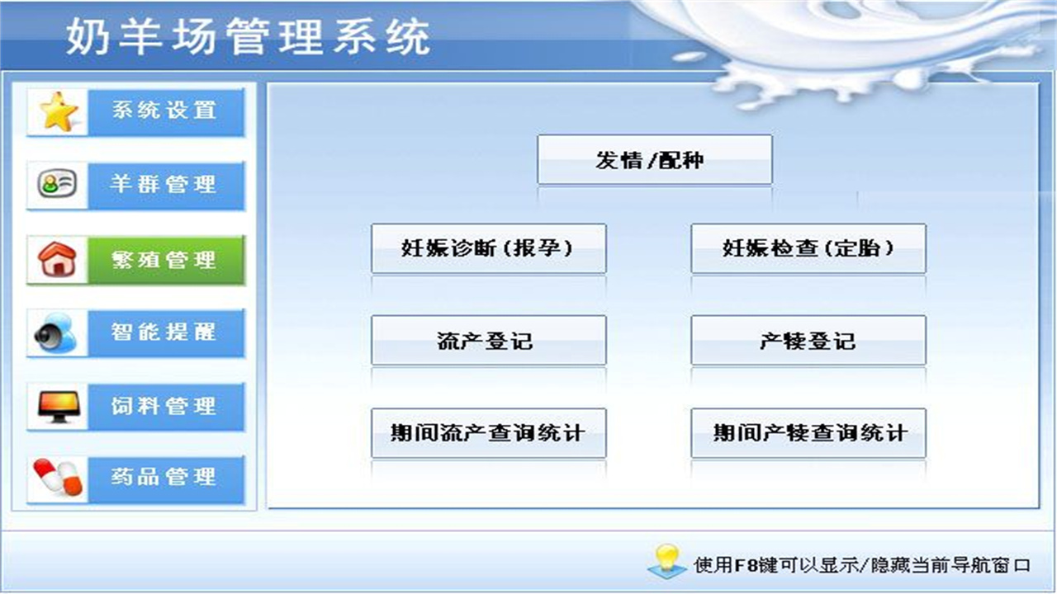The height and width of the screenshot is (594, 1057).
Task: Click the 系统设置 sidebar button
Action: pyautogui.click(x=165, y=111)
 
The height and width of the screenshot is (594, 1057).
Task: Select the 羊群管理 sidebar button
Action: pyautogui.click(x=165, y=185)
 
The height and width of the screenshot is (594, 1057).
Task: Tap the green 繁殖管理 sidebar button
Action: pyautogui.click(x=165, y=260)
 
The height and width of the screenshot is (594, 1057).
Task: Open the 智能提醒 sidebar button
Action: pyautogui.click(x=165, y=332)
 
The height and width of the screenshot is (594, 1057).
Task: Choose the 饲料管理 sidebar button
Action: pyautogui.click(x=165, y=406)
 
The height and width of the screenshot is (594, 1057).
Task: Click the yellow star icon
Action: pyautogui.click(x=59, y=112)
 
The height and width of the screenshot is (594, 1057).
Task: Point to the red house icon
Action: pyautogui.click(x=58, y=260)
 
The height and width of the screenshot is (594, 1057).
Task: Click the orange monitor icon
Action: pyautogui.click(x=58, y=406)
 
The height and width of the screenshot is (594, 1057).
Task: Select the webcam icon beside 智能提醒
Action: pyautogui.click(x=57, y=333)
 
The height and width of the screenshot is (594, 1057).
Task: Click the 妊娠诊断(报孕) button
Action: pyautogui.click(x=488, y=248)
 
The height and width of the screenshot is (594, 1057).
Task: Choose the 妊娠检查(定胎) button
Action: pyautogui.click(x=808, y=248)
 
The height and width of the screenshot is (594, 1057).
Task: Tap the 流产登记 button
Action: pyautogui.click(x=488, y=340)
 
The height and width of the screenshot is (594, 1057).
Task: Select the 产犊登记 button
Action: pyautogui.click(x=808, y=340)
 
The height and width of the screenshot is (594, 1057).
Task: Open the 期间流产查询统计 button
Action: pyautogui.click(x=488, y=432)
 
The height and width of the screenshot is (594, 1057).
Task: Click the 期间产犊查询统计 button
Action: pyautogui.click(x=808, y=432)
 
